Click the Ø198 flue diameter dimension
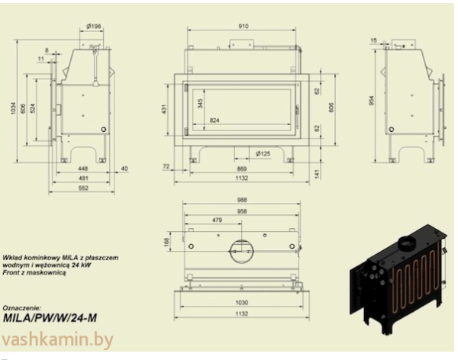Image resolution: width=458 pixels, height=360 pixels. point(95,26)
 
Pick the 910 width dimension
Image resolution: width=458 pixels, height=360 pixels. point(243,26)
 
